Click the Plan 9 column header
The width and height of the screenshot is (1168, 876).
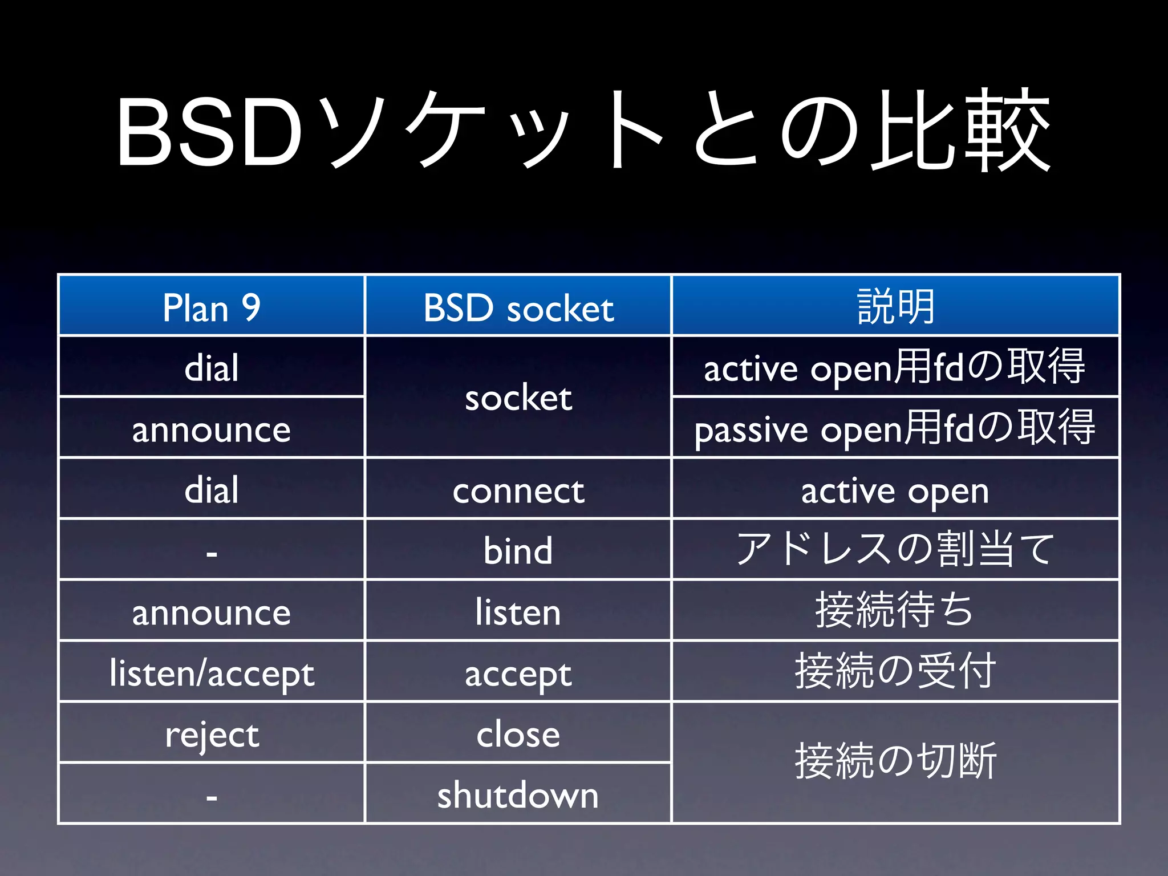click(x=211, y=307)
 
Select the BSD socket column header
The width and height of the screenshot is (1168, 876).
click(x=518, y=307)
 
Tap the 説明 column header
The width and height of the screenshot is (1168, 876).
click(x=895, y=307)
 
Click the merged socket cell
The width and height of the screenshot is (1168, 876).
click(x=518, y=398)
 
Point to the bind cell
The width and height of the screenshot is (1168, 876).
click(x=518, y=550)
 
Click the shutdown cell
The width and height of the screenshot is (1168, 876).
click(x=518, y=794)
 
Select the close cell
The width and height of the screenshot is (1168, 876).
click(x=518, y=734)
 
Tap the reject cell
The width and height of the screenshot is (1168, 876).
click(x=211, y=734)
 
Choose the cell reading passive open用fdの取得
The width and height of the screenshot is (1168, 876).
click(x=895, y=428)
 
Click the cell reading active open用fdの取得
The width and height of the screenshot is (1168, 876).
click(x=895, y=367)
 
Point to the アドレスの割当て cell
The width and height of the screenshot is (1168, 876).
click(x=895, y=549)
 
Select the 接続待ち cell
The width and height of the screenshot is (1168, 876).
click(x=895, y=610)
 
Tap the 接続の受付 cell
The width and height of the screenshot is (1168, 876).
click(x=895, y=671)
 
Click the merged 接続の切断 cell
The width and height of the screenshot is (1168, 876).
click(x=895, y=762)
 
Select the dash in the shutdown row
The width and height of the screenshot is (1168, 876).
click(x=211, y=797)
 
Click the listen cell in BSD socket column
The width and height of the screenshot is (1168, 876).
click(x=518, y=612)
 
